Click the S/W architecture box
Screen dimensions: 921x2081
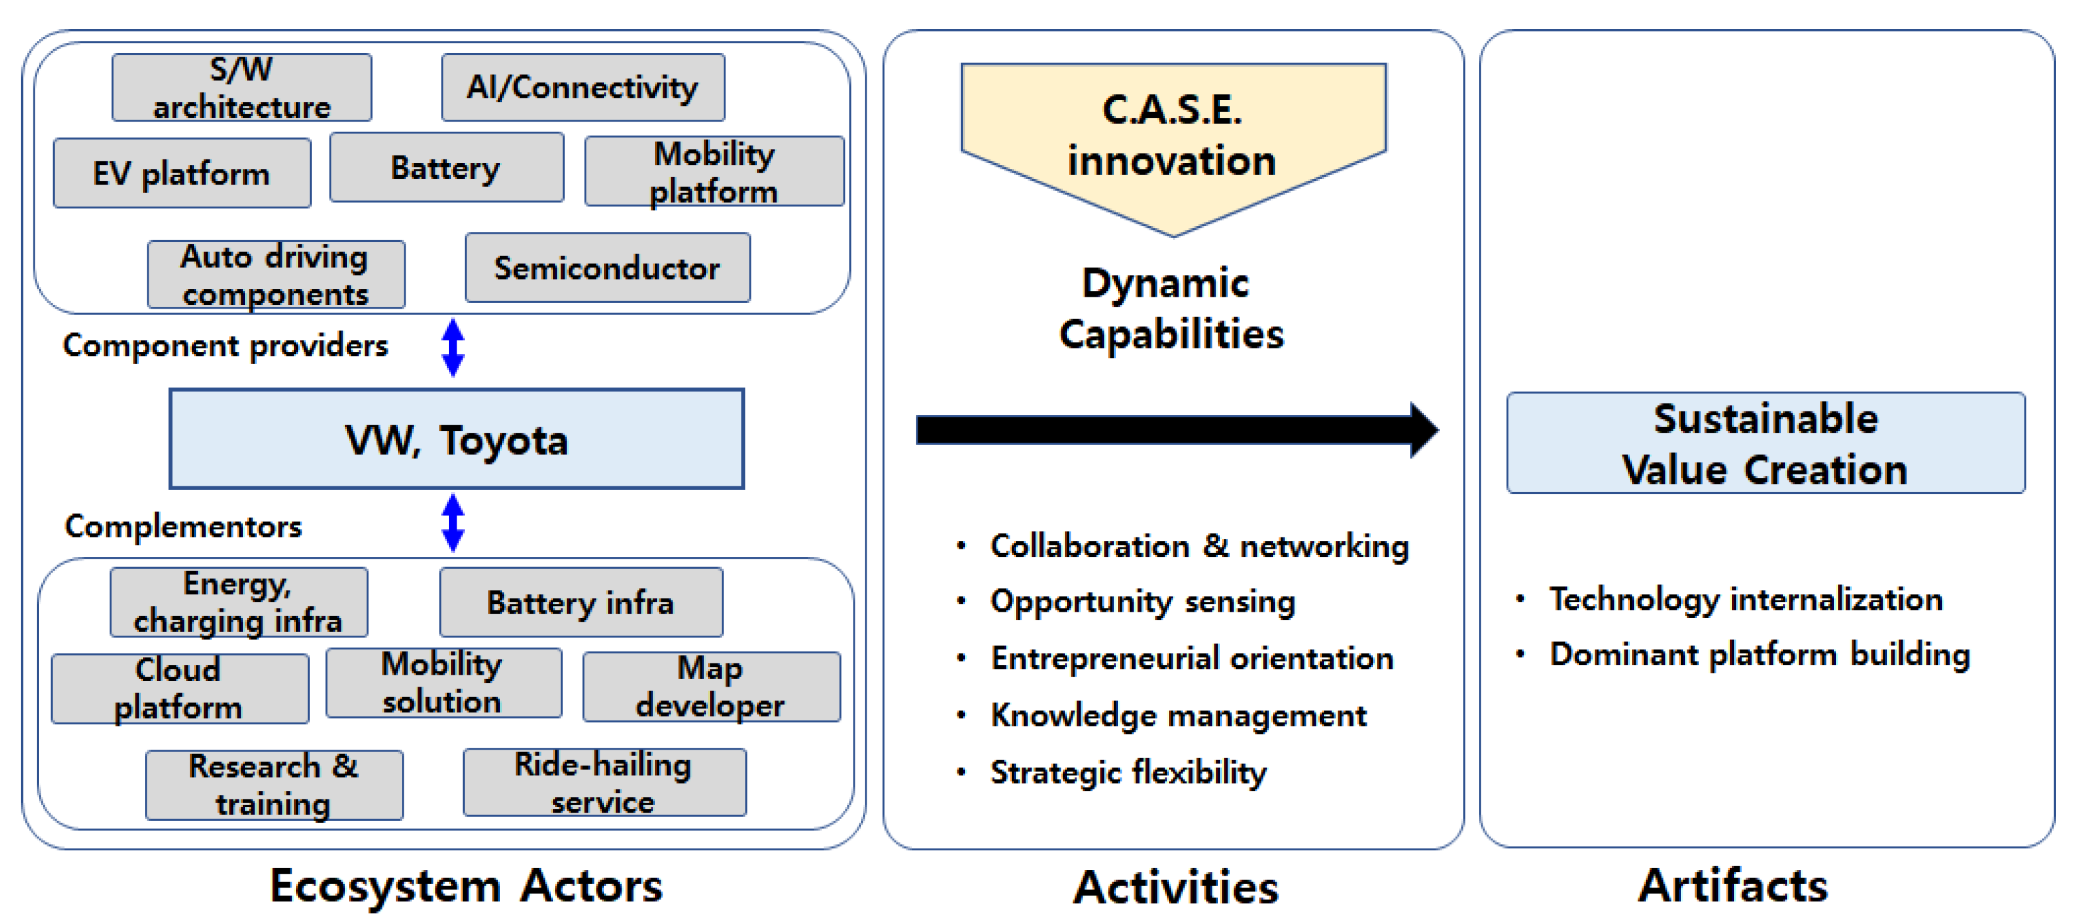click(x=242, y=88)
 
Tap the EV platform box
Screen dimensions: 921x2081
click(x=182, y=173)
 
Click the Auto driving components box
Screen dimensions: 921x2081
click(x=275, y=275)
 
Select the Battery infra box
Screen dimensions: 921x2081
click(x=580, y=602)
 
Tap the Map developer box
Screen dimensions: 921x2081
click(x=711, y=687)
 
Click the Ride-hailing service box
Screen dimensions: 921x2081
click(x=603, y=782)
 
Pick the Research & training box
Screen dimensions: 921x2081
click(x=274, y=784)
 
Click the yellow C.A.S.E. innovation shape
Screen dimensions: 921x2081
click(x=1173, y=137)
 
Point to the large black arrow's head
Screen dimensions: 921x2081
click(x=1423, y=430)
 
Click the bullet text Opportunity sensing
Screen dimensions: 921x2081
click(x=1143, y=601)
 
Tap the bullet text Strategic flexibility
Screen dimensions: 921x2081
click(x=1128, y=772)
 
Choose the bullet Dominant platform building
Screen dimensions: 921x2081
click(x=1759, y=654)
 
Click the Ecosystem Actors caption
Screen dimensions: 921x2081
click(x=465, y=886)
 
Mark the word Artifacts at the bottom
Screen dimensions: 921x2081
click(x=1732, y=886)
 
